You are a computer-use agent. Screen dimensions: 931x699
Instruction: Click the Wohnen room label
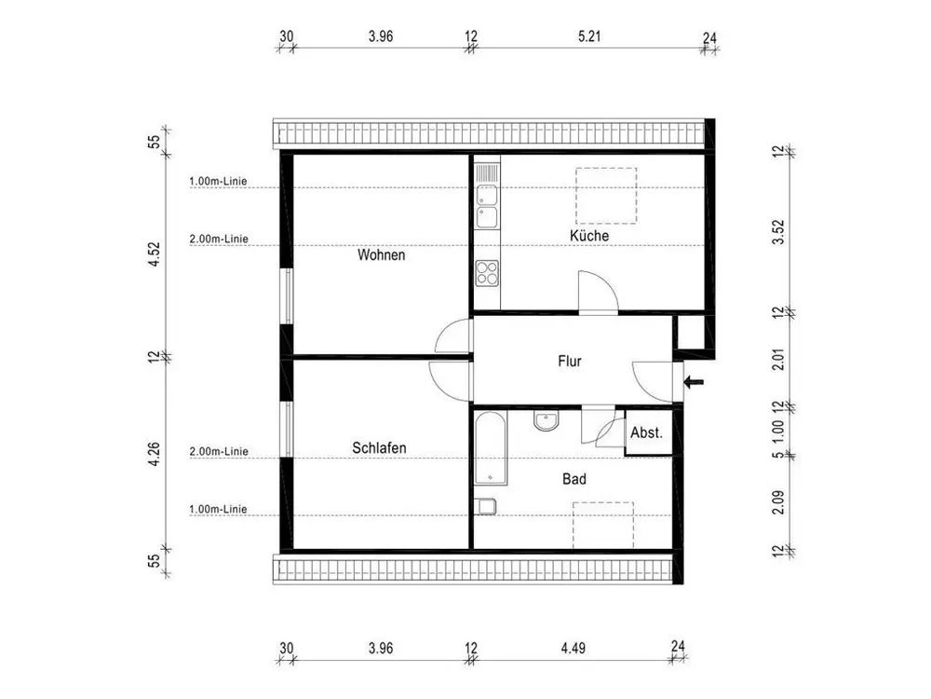coord(381,255)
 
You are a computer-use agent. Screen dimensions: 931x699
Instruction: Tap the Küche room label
coord(589,236)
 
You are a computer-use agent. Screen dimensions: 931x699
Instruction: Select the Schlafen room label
coord(379,447)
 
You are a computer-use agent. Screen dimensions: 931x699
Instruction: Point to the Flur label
coord(570,361)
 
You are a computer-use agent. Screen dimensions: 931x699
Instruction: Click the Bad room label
coord(574,478)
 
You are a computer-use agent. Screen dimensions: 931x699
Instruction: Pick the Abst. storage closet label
coord(646,432)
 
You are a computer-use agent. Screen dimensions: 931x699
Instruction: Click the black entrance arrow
coord(694,381)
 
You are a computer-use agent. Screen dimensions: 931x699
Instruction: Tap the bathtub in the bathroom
coord(491,447)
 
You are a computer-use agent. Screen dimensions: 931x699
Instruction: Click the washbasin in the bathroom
coord(546,421)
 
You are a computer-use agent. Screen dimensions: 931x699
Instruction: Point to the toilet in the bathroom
coord(486,506)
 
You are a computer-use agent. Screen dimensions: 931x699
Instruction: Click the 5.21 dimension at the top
coord(589,36)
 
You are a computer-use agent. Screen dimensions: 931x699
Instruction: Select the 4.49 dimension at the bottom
coord(573,648)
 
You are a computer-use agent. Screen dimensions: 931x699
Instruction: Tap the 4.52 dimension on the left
coord(154,254)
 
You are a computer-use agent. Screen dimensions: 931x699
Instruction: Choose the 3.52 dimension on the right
coord(777,232)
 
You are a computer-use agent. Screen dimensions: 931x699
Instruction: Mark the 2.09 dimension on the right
coord(777,502)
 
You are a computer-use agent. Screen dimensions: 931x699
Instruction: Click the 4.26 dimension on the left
coord(154,454)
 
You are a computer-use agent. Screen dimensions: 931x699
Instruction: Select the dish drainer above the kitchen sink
coord(487,172)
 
